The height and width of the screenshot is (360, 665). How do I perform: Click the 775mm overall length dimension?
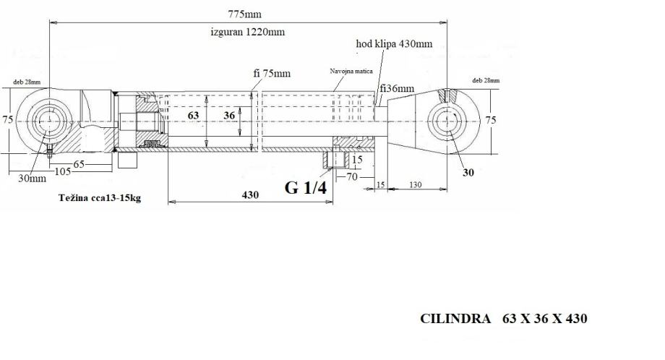tap(245, 14)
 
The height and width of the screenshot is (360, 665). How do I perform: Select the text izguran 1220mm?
tap(248, 32)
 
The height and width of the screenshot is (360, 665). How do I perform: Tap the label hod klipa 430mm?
tap(394, 43)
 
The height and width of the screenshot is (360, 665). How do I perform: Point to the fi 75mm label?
tap(272, 73)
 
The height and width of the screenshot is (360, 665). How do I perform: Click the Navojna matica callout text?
tap(351, 72)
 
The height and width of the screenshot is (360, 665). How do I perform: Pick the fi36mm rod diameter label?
tap(397, 89)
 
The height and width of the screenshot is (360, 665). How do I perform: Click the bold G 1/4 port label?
tap(306, 187)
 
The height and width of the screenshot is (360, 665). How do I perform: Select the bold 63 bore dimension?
tap(193, 116)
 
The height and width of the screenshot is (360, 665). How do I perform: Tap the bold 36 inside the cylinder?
tap(229, 116)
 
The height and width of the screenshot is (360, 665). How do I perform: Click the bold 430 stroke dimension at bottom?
tap(250, 194)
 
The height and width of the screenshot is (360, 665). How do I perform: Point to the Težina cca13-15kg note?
tap(100, 197)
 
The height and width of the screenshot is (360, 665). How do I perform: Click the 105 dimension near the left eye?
tap(63, 171)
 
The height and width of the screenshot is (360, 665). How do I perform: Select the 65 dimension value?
tap(79, 164)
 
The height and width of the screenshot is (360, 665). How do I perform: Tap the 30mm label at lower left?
tap(33, 178)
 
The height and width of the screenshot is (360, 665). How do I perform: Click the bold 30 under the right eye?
tap(468, 173)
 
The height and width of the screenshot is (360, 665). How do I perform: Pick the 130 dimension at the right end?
tap(415, 184)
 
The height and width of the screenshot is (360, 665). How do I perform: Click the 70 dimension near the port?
tap(352, 176)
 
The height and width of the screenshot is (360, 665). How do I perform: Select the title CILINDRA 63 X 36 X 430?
tap(503, 319)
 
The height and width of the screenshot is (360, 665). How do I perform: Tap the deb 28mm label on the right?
tap(486, 80)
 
